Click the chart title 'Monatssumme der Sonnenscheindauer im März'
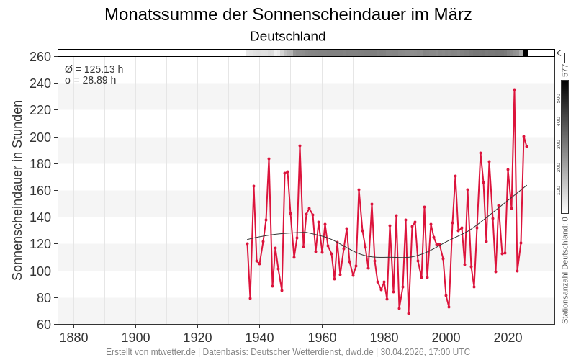(288, 14)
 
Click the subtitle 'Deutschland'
(288, 36)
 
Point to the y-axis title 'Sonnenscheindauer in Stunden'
(17, 190)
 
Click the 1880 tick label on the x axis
(73, 338)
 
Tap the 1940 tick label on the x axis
(260, 338)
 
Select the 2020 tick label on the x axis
(508, 338)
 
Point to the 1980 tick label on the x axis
(384, 338)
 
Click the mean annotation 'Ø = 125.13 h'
(94, 69)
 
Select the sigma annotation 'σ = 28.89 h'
(91, 80)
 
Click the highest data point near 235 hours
(514, 89)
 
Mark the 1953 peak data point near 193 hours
(300, 145)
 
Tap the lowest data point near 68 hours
(408, 313)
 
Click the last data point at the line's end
(526, 147)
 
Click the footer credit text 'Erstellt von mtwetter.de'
(150, 352)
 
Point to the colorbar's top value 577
(565, 70)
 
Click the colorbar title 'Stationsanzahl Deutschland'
(565, 270)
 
